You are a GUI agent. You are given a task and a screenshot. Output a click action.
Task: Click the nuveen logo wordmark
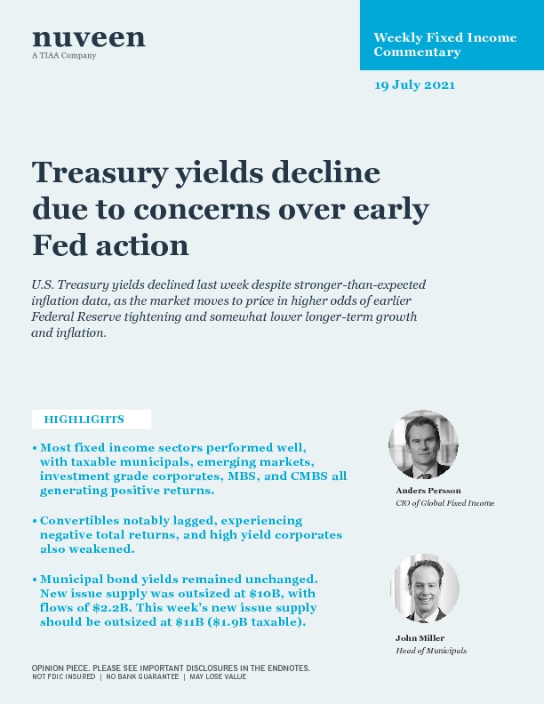(88, 37)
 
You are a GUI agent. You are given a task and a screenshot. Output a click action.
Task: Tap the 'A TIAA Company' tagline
(64, 56)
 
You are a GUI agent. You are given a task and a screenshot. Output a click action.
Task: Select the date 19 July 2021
(414, 85)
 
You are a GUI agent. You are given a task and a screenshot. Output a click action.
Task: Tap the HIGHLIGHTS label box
(91, 420)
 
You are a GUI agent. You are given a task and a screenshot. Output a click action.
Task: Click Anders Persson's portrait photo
(423, 444)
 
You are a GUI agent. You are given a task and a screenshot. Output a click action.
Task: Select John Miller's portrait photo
(426, 588)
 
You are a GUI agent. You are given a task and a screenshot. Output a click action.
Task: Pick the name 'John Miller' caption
(420, 638)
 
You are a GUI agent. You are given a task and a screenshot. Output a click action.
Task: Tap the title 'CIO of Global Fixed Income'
(444, 503)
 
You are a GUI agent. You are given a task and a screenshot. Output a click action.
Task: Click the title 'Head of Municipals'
(431, 651)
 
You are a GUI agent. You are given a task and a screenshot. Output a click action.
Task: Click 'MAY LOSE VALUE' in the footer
(217, 677)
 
